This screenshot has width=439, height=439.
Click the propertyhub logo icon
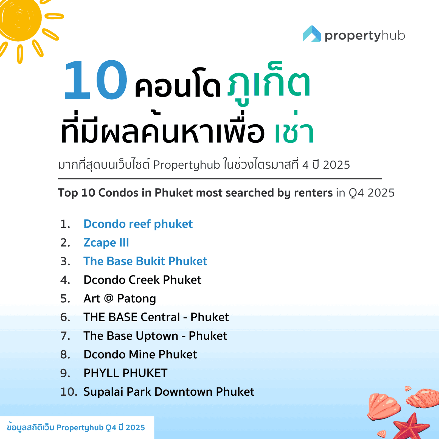(x=312, y=34)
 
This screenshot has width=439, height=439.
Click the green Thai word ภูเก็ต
(x=269, y=85)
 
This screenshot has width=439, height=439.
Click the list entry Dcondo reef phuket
(x=138, y=224)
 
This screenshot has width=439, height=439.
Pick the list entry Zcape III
(x=106, y=243)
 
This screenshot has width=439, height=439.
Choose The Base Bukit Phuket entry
(x=145, y=261)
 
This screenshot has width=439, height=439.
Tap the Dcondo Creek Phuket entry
(x=142, y=280)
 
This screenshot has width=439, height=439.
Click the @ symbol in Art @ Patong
(x=109, y=298)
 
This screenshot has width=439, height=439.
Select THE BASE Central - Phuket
(x=156, y=317)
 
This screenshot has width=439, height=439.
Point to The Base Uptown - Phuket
(x=155, y=336)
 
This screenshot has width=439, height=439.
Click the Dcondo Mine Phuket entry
(x=140, y=354)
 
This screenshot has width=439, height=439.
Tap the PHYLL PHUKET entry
(x=125, y=373)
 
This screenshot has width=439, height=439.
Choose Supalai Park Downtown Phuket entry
(x=169, y=392)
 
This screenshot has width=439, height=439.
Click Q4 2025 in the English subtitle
(x=372, y=193)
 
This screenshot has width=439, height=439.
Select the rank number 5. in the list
(x=65, y=299)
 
